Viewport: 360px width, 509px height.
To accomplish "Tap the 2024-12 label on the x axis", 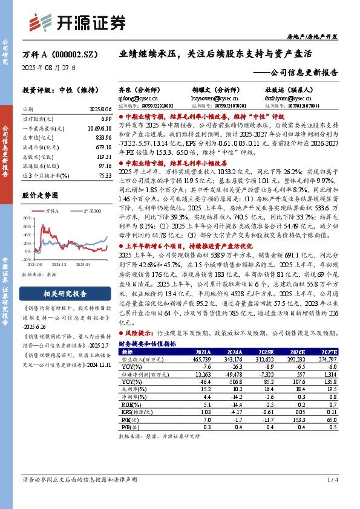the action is tap(58, 265).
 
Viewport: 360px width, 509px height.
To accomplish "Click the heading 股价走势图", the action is tap(40, 196).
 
